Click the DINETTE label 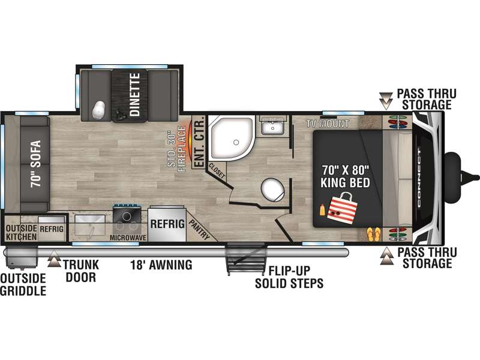tap(134, 95)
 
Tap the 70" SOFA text tap(35, 164)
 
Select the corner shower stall tap(232, 138)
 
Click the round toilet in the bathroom tap(273, 189)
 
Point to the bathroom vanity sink tap(273, 125)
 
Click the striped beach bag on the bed tap(342, 206)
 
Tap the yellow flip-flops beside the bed tap(374, 234)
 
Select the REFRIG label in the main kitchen tap(167, 224)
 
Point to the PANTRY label tap(199, 230)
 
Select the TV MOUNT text tap(328, 124)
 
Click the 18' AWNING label tap(161, 265)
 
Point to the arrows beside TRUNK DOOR tap(54, 259)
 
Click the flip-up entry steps tap(245, 258)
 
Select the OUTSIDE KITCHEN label tap(22, 232)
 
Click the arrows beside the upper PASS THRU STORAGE tap(386, 101)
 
